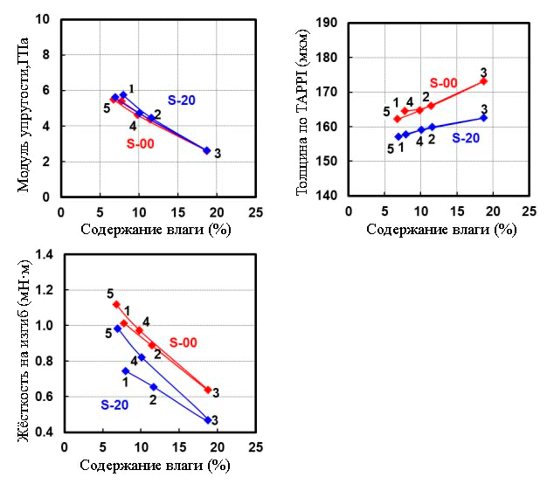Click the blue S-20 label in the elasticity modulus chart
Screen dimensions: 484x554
pos(182,100)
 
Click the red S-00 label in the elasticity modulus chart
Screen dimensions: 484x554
pos(141,143)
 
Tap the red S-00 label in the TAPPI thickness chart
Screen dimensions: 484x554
pos(443,83)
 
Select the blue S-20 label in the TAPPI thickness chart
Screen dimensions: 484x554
pos(466,136)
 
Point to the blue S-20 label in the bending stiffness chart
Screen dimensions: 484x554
pos(115,404)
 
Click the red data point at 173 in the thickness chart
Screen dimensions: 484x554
pos(483,81)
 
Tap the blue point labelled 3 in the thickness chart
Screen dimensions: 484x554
pos(483,117)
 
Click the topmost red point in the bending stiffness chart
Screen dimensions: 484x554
pos(116,304)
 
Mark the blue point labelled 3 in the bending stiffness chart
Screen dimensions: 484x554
pos(208,420)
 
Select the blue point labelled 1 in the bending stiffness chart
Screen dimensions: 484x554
pos(125,370)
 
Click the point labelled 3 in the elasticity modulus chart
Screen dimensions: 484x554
pos(206,150)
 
